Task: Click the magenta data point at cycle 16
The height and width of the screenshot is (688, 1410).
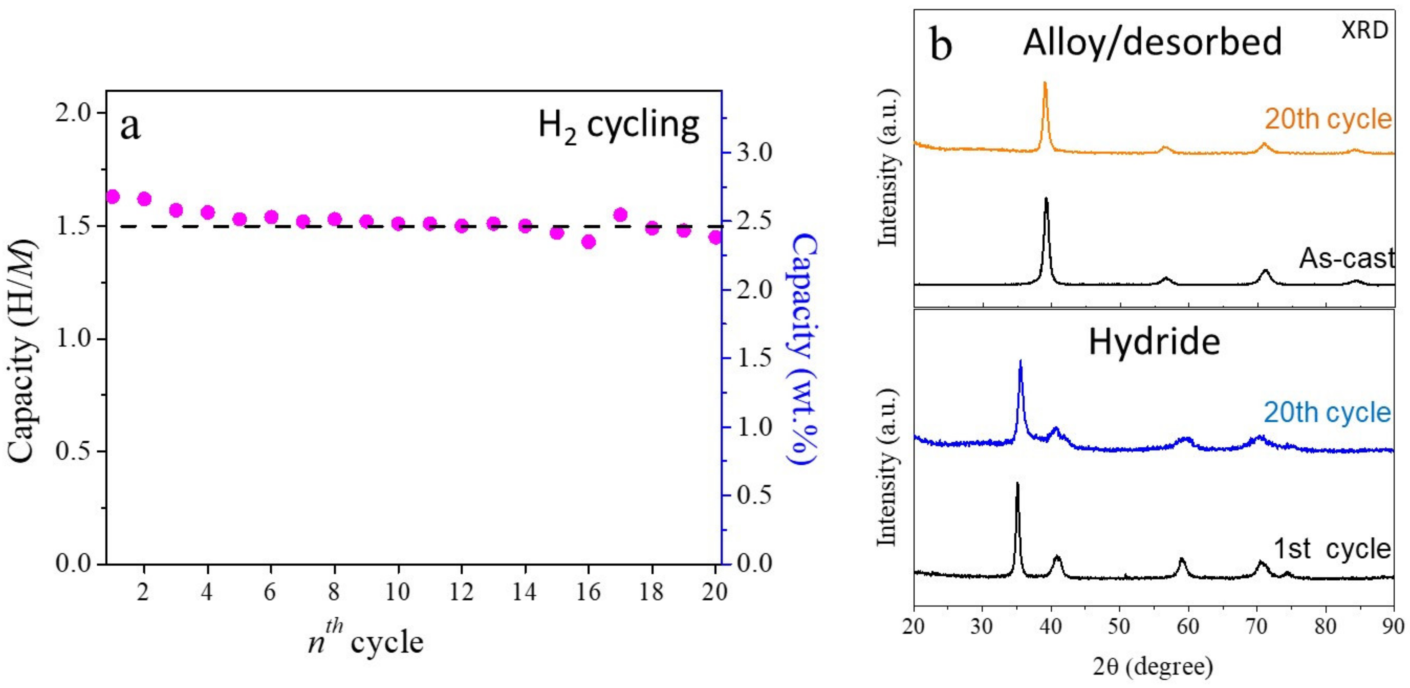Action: [x=588, y=242]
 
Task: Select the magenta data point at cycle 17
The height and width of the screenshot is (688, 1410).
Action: [x=620, y=215]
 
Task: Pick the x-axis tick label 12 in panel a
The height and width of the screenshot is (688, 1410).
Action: [x=461, y=592]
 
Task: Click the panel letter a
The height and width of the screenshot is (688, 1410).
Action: [x=130, y=127]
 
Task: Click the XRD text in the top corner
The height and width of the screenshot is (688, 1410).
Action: [x=1364, y=31]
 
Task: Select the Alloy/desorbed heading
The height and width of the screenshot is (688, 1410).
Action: [x=1152, y=42]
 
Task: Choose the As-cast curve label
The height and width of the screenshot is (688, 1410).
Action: [x=1346, y=258]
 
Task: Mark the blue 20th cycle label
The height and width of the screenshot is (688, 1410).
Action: [x=1327, y=413]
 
